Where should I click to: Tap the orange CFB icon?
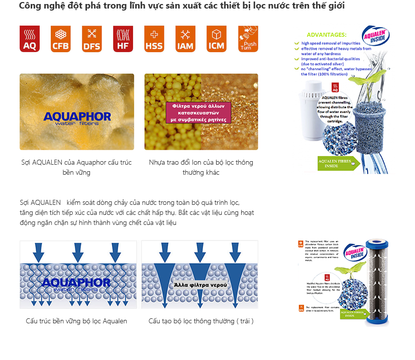(60, 39)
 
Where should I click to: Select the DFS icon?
(91, 39)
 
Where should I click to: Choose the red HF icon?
(123, 39)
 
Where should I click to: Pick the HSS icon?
(154, 39)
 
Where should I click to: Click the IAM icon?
(185, 39)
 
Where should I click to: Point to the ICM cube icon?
(216, 39)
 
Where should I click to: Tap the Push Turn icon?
(248, 39)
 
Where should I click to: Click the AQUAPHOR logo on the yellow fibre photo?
(77, 118)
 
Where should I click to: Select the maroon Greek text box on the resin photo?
(198, 113)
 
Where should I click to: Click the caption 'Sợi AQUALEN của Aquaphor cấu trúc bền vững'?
(77, 167)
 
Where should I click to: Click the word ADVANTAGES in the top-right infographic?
(326, 35)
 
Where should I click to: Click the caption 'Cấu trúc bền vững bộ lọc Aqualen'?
(76, 321)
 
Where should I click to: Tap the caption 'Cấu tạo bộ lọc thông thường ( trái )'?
(201, 321)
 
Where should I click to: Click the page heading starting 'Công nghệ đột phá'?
(181, 6)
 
